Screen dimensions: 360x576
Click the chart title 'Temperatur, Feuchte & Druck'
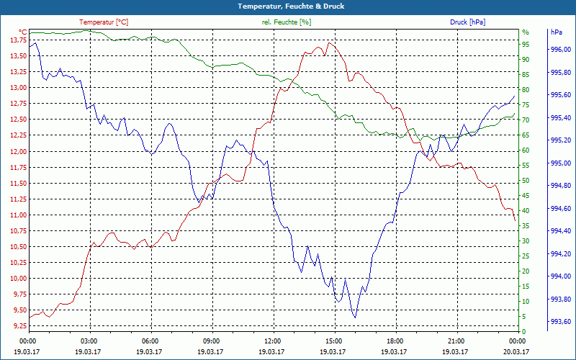pos(287,6)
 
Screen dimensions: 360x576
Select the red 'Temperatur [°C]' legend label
pos(104,22)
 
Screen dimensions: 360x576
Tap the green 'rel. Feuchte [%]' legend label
pos(287,22)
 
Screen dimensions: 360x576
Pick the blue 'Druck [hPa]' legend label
pos(467,22)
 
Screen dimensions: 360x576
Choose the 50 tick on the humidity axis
pos(526,181)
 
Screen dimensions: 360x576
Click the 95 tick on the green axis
pos(526,45)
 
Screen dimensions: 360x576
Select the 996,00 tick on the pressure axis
pos(561,50)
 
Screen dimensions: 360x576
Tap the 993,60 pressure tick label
pos(561,321)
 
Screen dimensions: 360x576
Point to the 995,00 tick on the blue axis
pos(561,163)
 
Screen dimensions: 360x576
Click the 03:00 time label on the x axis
pos(89,341)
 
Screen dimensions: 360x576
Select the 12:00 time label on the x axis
pos(273,341)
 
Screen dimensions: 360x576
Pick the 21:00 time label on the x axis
pos(456,341)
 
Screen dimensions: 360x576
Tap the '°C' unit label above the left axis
pos(22,32)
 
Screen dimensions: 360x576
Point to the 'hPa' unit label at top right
pos(556,32)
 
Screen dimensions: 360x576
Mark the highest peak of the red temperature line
pos(329,42)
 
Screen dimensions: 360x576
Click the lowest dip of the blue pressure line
pos(355,317)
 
